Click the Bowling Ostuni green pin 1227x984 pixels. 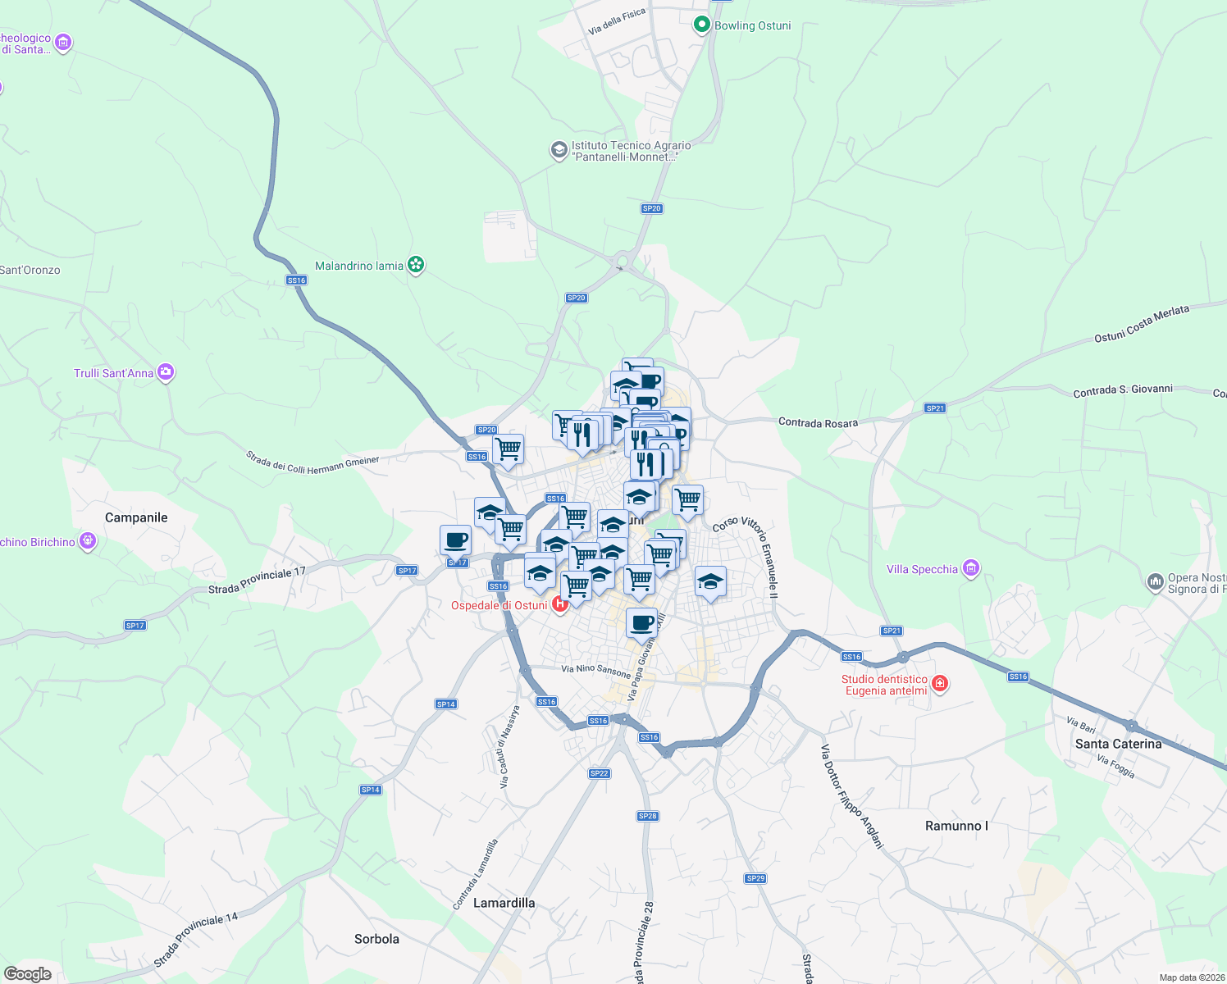click(701, 25)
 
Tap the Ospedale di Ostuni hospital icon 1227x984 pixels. click(560, 604)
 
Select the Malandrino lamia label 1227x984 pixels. click(359, 266)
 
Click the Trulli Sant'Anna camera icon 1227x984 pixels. click(166, 372)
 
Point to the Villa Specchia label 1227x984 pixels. click(922, 569)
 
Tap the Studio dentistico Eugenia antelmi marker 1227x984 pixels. click(940, 683)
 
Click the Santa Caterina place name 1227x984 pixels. click(1118, 744)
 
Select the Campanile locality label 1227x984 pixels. click(136, 517)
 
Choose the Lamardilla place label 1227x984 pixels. click(504, 903)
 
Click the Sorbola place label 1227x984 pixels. click(376, 939)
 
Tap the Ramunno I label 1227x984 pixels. click(956, 826)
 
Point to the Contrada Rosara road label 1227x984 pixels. click(818, 423)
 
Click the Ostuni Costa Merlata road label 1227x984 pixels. click(1142, 325)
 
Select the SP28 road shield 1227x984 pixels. click(647, 816)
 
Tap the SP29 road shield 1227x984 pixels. click(755, 878)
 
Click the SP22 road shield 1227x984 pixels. click(599, 773)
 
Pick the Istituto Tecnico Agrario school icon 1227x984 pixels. click(559, 150)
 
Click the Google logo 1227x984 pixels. click(27, 974)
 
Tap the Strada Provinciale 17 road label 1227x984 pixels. click(257, 581)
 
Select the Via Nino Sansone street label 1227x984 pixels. click(596, 670)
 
